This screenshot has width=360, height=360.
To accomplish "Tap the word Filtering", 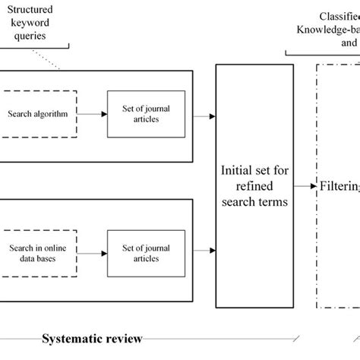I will coord(339,183).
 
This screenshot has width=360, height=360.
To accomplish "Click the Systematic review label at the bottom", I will coord(91,338).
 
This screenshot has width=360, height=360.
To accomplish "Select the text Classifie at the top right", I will coord(337,16).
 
